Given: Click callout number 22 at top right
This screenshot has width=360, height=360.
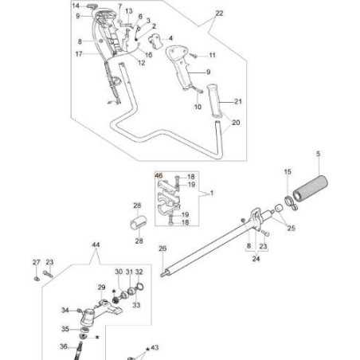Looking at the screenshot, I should coord(219,14).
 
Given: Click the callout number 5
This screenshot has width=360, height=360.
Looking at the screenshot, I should coord(318,153).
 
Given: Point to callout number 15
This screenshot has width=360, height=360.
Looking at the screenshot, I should coord(288,171).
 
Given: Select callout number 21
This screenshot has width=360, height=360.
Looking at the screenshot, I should coord(236,101).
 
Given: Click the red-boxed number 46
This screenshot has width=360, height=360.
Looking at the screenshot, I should coord(158,175).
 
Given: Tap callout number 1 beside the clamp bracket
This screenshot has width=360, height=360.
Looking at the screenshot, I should coord(211,194).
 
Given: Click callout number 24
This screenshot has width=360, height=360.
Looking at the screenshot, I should coord(256,257).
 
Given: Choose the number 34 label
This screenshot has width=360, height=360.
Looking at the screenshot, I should coord(65,310).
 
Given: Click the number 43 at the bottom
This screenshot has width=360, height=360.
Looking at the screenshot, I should coord(155,347).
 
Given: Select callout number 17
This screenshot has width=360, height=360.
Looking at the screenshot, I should coord(79,54).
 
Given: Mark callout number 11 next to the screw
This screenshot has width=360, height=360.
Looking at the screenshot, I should coord(213,55).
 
